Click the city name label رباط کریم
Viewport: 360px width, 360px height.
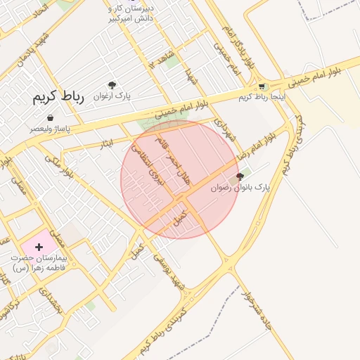(58, 98)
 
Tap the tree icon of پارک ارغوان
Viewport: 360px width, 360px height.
(112, 85)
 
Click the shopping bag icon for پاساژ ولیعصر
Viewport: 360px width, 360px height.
(50, 118)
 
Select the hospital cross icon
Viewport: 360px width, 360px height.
(39, 247)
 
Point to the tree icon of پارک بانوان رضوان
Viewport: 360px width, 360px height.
(240, 177)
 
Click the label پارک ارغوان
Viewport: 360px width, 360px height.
(112, 96)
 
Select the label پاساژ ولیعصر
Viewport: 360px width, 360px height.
(50, 129)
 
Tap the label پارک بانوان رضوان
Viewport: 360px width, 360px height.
(240, 188)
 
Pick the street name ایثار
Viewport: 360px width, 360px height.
(106, 144)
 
